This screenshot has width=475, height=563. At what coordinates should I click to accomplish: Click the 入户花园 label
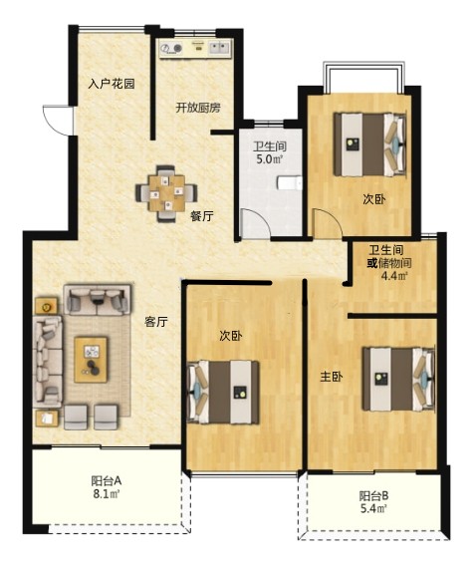(112, 84)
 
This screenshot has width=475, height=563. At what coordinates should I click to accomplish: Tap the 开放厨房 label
(198, 108)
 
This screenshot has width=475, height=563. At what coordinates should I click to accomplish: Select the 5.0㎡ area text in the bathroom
(270, 159)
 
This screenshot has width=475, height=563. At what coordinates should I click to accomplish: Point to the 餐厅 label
(202, 216)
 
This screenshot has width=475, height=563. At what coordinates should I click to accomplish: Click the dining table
(166, 193)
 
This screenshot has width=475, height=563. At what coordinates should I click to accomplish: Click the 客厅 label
(156, 322)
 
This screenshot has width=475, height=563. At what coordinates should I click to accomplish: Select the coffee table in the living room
(91, 360)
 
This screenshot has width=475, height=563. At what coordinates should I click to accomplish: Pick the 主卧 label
(332, 377)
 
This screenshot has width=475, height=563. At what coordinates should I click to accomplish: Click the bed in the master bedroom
(399, 379)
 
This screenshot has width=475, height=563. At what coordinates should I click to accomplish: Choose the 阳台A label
(107, 480)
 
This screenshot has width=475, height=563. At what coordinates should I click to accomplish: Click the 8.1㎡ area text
(107, 494)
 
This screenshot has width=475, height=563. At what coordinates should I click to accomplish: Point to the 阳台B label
(373, 496)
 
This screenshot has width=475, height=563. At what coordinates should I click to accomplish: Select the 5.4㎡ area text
(373, 508)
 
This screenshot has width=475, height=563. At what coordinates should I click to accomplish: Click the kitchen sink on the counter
(219, 48)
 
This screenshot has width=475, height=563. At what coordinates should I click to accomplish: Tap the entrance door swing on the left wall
(58, 121)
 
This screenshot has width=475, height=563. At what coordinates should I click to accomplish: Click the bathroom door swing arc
(255, 223)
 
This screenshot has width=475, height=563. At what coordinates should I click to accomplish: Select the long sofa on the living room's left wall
(48, 361)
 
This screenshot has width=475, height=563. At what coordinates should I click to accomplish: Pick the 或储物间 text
(389, 263)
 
